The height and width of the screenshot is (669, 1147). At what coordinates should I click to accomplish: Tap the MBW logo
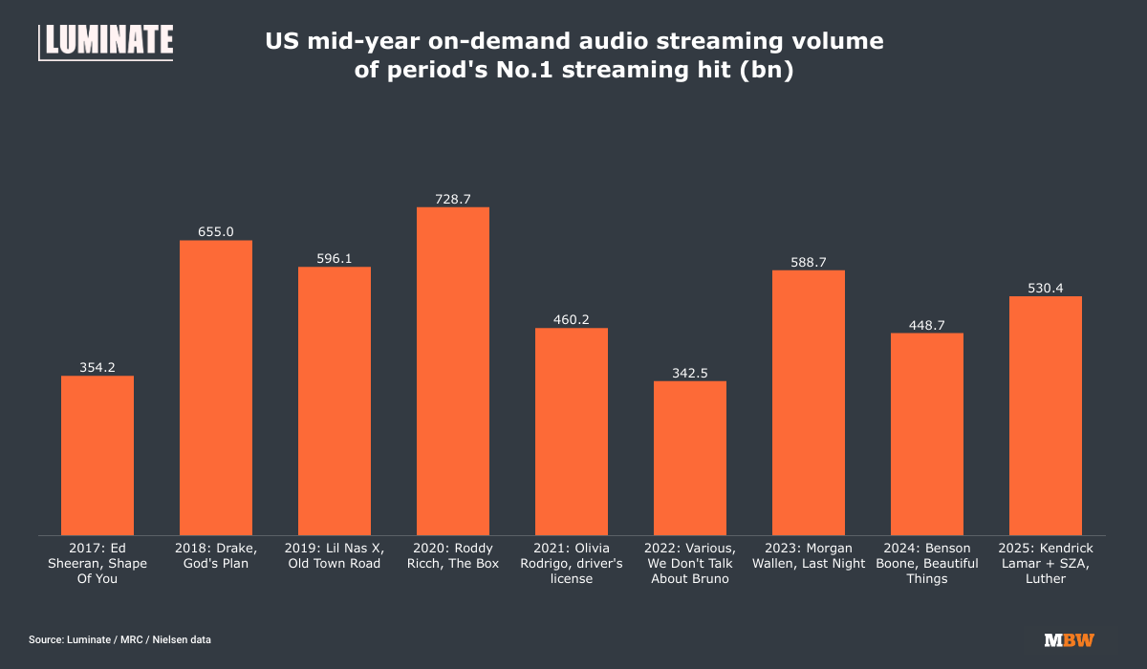point(1069,639)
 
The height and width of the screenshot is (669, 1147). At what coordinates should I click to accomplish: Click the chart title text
point(573,56)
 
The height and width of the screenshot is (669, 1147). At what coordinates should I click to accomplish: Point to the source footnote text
point(119,639)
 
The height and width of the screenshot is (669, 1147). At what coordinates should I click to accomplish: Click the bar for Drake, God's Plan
point(216,387)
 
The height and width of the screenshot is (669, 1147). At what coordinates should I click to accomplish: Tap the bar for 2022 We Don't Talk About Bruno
point(690,458)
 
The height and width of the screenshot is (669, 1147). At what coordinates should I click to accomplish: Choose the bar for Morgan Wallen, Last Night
point(809,402)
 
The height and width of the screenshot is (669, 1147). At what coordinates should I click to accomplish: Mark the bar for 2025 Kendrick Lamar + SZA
point(1046,416)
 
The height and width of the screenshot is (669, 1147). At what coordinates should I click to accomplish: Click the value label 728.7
point(453,199)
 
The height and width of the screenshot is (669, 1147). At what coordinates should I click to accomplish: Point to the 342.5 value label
point(690,373)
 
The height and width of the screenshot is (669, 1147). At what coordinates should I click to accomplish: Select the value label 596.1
point(335,258)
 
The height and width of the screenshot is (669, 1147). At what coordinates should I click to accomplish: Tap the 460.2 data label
point(572,319)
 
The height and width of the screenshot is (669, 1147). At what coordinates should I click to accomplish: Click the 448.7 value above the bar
point(927,325)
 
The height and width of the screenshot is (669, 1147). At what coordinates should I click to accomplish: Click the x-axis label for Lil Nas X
point(335,555)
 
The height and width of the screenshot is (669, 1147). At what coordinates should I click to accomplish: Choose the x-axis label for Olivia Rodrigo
point(572,563)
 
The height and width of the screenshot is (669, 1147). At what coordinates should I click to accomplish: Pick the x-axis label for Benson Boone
point(927,563)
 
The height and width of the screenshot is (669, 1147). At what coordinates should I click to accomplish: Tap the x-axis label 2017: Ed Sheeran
point(97,563)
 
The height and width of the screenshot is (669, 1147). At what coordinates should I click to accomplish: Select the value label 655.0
point(216,231)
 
